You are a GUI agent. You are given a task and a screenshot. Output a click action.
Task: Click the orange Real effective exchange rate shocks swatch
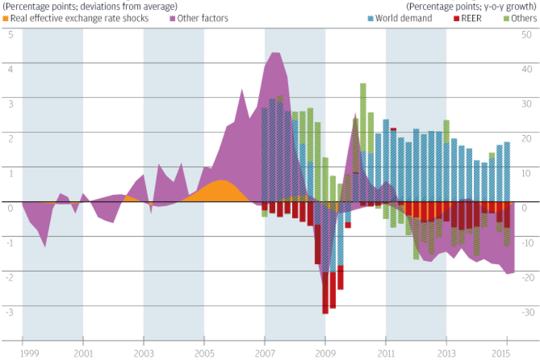pyautogui.click(x=6, y=19)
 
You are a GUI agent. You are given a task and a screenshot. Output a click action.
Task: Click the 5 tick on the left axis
pyautogui.click(x=11, y=35)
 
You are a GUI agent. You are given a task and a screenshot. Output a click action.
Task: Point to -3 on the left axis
pyautogui.click(x=10, y=312)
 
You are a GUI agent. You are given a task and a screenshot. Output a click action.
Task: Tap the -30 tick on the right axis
pyautogui.click(x=526, y=312)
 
